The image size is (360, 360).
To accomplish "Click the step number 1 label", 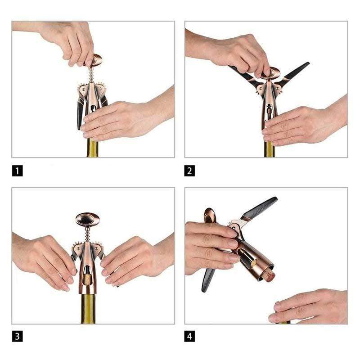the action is point(18,171).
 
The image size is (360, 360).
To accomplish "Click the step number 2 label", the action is point(189,171).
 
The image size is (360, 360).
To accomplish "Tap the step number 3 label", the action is point(18,336).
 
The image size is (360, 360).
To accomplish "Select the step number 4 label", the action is point(189,336).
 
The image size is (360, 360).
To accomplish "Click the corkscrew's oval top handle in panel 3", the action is point(88,219).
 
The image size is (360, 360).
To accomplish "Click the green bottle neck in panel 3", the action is point(88,309).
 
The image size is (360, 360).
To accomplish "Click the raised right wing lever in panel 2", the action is point(293,73).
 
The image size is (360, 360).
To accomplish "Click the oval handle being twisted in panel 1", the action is point(94,60).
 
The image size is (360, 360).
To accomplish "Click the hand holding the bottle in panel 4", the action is point(308,306).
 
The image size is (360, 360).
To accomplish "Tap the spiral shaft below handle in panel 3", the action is point(87,234).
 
